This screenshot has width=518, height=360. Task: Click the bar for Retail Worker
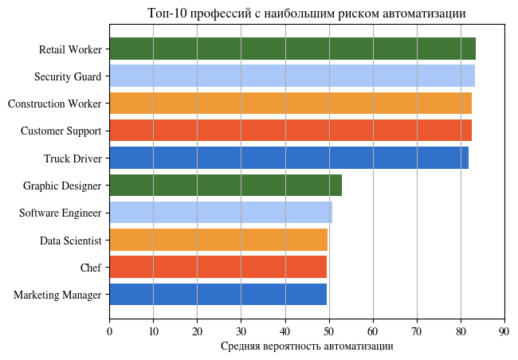292,49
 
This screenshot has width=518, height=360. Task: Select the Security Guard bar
292,76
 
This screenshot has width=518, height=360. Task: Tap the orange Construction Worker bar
290,104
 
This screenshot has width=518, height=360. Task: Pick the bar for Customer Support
290,131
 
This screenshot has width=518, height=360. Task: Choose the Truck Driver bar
288,158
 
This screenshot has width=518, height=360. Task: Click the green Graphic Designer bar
225,185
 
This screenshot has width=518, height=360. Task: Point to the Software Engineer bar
220,213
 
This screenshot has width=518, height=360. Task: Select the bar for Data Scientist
218,240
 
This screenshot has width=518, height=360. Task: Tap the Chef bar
218,267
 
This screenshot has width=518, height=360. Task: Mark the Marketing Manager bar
218,295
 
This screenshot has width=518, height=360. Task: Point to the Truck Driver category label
73,158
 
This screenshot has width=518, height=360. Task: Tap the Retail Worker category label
70,49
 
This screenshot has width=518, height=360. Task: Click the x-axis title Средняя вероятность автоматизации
307,346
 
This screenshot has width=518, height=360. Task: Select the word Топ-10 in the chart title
165,14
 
